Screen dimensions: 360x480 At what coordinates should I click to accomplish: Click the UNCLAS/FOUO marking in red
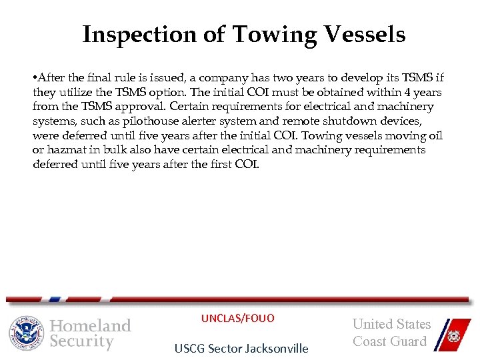point(237,319)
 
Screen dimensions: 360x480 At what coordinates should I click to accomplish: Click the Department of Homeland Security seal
point(26,333)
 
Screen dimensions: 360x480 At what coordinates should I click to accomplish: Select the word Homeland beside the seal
point(91,325)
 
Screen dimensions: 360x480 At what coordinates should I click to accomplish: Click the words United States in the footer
point(391,325)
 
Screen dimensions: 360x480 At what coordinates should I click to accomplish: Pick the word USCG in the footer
point(189,348)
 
